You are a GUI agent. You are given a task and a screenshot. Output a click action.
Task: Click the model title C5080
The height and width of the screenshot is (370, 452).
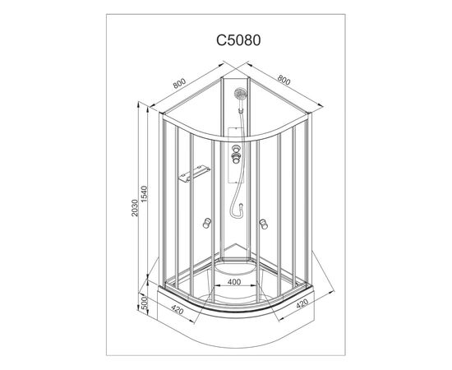point(238,40)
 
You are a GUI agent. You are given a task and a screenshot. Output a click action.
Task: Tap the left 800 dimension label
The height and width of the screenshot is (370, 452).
point(179,83)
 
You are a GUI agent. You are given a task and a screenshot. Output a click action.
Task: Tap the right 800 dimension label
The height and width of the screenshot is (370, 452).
point(284,81)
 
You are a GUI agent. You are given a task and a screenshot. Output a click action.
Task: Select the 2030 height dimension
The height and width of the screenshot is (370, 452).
point(135,208)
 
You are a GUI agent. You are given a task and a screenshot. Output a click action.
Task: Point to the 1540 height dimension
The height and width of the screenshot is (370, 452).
point(144,194)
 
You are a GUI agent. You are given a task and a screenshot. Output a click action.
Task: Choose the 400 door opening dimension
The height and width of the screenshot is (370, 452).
point(234,282)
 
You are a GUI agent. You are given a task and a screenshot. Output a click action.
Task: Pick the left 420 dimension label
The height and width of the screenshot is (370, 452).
point(177,309)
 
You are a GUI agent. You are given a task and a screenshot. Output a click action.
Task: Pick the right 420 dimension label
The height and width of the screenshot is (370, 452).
point(302,303)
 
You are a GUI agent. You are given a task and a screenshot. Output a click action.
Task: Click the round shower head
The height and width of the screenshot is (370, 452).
point(241,93)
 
